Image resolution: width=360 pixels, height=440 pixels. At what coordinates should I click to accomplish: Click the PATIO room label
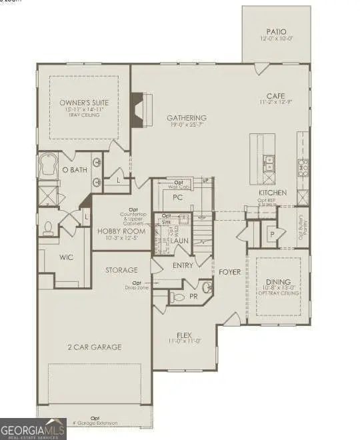(275, 30)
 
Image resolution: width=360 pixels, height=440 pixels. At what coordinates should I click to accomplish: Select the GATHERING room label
(186, 118)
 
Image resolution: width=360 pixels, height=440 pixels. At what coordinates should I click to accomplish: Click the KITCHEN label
(273, 193)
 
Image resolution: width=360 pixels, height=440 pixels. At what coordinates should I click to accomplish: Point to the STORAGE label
(121, 270)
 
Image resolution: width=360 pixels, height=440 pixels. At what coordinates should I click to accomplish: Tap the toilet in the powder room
(177, 296)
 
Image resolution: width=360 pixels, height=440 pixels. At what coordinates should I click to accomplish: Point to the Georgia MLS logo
(33, 429)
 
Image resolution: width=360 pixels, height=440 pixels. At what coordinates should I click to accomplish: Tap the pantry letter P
(272, 235)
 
